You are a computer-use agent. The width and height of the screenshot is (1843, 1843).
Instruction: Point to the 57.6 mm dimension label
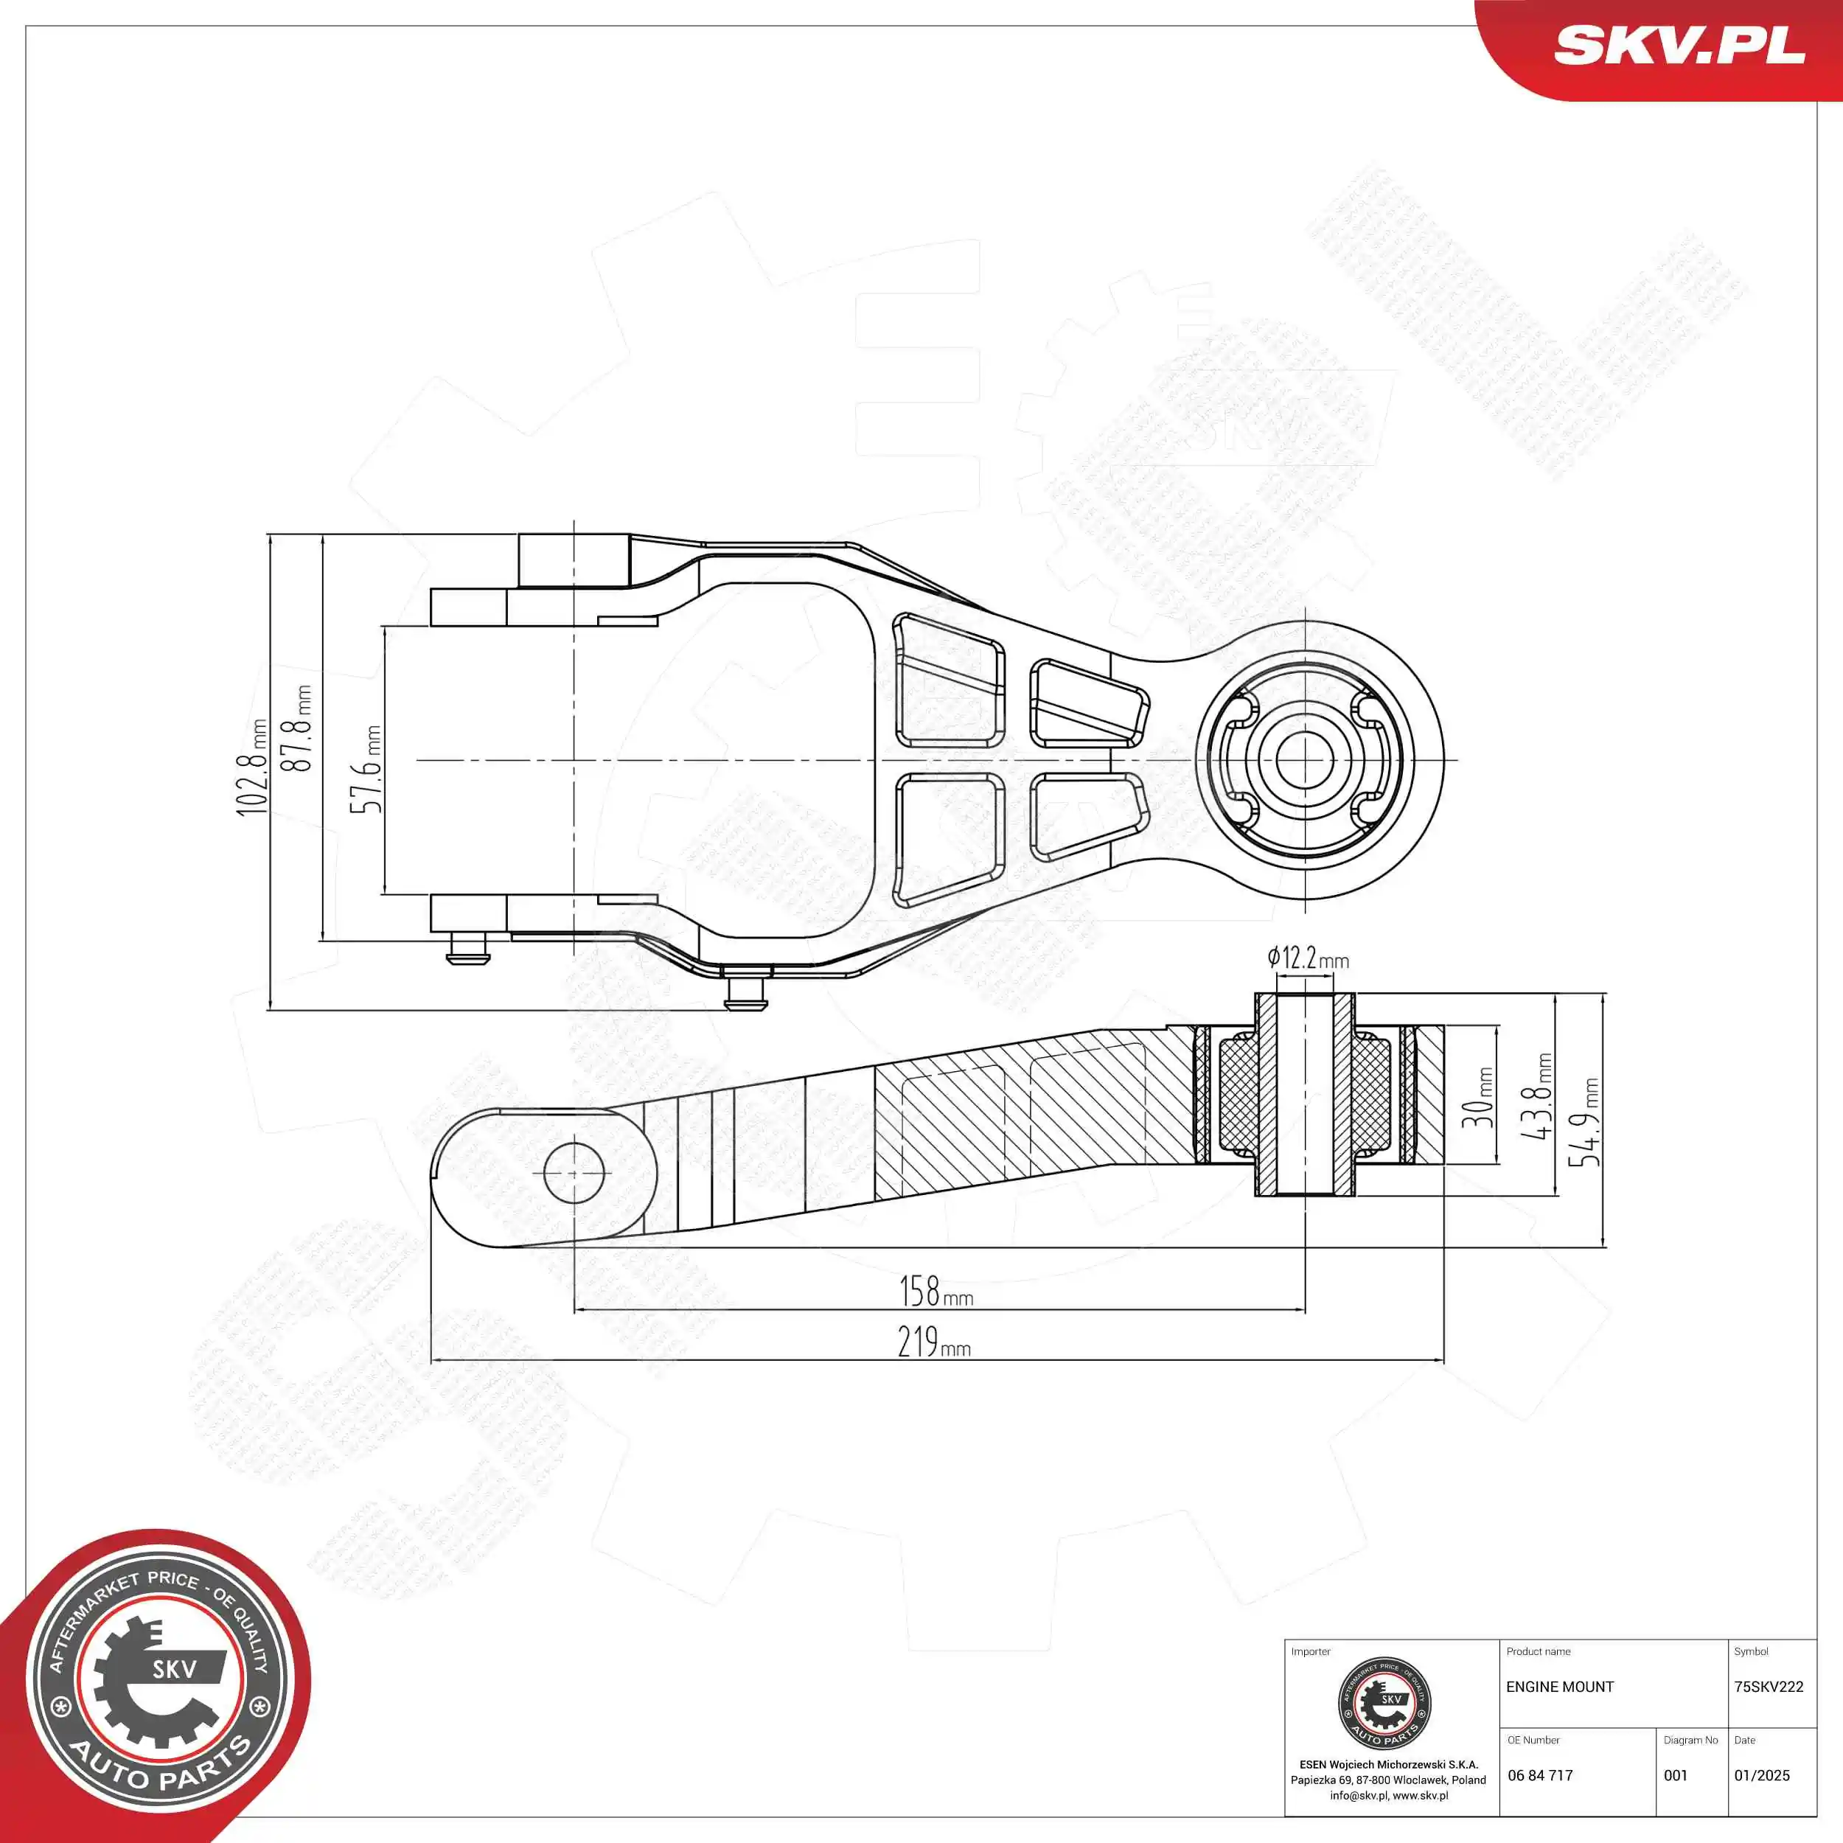point(366,769)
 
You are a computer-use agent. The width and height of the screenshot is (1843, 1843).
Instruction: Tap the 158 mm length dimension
point(936,1292)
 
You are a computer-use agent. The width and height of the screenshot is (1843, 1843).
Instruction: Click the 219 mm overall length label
point(934,1342)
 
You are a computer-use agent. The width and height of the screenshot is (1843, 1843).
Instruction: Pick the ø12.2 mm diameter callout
point(1308,958)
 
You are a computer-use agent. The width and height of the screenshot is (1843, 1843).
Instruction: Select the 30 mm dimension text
point(1477,1098)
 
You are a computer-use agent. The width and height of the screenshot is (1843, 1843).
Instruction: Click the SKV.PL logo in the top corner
point(1679,45)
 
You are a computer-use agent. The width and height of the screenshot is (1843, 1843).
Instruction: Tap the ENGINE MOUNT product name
point(1560,1687)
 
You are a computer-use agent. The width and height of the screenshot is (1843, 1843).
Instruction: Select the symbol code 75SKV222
point(1769,1687)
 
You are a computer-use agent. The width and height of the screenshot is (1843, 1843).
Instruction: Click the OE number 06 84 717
point(1540,1775)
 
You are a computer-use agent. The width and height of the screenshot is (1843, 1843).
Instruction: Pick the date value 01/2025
point(1762,1775)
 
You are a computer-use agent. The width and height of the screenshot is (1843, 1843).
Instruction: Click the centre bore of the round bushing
point(1305,760)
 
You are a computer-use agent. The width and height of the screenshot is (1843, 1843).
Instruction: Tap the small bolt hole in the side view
point(574,1171)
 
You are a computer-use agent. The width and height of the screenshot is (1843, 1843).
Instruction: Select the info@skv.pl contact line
point(1388,1795)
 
